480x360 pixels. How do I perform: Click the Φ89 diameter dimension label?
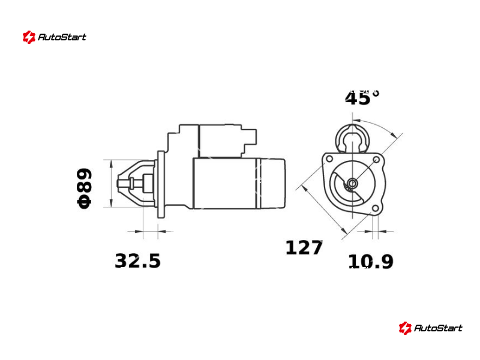coord(84,188)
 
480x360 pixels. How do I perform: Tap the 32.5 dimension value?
coord(138,261)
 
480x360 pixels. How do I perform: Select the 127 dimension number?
coord(304,248)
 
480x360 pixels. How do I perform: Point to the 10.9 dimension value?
coord(371,262)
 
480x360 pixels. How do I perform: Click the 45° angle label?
coord(362,98)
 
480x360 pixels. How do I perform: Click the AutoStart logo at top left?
coord(55,37)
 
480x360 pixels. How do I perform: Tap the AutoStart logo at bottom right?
coord(430,328)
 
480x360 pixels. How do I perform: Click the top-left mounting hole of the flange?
coord(329,159)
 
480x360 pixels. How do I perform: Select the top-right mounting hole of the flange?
coord(377,160)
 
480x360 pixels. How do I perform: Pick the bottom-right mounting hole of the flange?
coord(376,208)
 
